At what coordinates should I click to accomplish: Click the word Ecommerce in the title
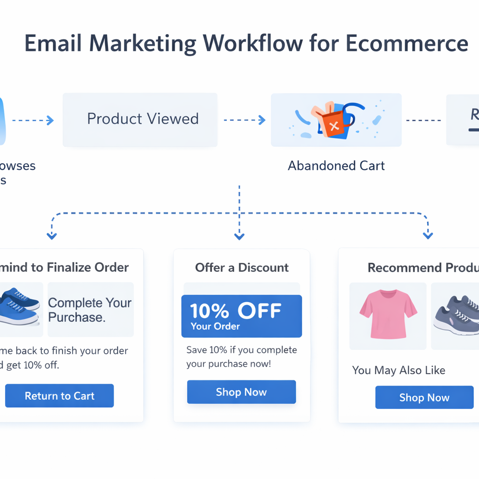[x=407, y=44]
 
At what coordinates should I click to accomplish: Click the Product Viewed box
[x=140, y=119]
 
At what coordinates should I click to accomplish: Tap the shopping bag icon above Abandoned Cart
[x=333, y=120]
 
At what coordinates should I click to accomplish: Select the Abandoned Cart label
[x=336, y=166]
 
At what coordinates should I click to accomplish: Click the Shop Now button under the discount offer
[x=241, y=392]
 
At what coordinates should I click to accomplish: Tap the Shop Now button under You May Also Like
[x=424, y=398]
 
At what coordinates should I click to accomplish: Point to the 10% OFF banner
[x=241, y=316]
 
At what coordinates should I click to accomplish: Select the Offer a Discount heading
[x=242, y=268]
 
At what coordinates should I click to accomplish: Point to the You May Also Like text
[x=399, y=370]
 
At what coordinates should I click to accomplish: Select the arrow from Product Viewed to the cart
[x=245, y=120]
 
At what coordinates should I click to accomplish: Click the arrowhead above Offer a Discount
[x=239, y=237]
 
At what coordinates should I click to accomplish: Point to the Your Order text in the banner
[x=215, y=327]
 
